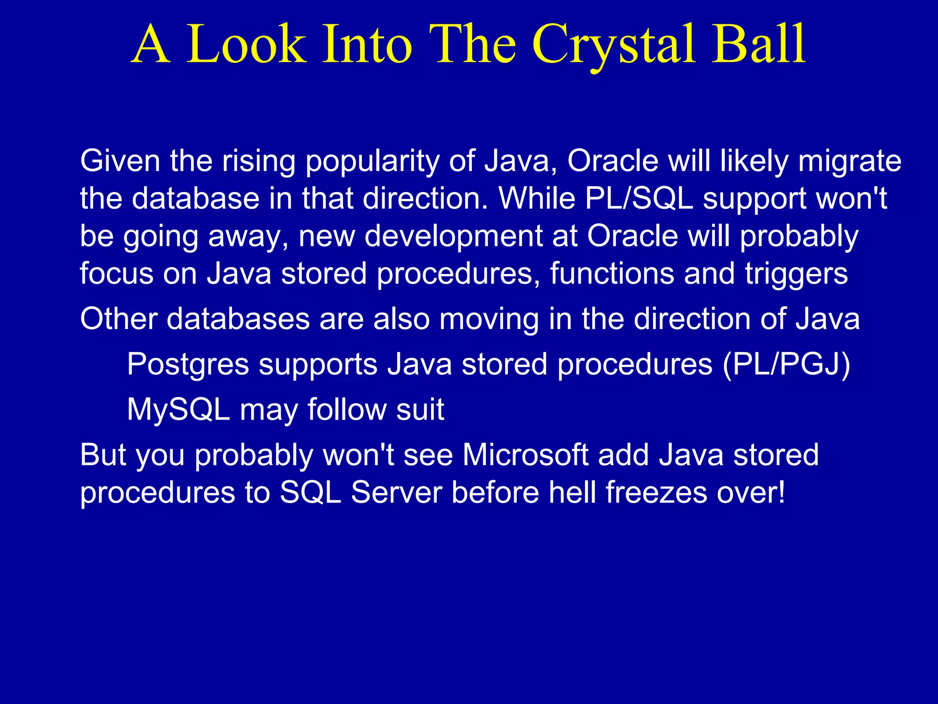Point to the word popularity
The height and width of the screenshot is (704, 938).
click(x=371, y=162)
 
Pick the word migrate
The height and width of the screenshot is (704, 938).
click(x=850, y=162)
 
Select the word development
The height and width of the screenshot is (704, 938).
click(x=453, y=237)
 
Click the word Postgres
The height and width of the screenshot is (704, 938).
click(x=188, y=365)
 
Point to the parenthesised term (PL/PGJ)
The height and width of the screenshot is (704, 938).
click(x=786, y=365)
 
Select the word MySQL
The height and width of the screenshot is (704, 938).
click(x=178, y=409)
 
